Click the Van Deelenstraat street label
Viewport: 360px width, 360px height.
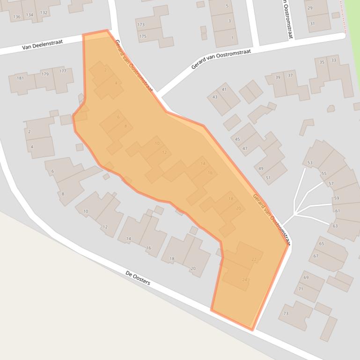coord(42,45)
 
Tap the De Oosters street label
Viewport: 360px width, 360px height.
coord(138,277)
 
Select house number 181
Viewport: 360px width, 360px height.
coord(20,78)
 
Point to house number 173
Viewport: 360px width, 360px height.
coord(140,24)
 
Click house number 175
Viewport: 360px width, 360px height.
coord(142,36)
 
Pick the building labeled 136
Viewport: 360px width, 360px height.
coord(17,17)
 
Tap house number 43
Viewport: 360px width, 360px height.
coord(215,97)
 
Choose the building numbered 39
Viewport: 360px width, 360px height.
coord(278,78)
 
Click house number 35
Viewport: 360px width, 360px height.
coord(322,62)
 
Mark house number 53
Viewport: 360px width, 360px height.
coord(310,163)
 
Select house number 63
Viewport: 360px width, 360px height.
coord(335,226)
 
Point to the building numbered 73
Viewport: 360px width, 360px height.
coord(286,313)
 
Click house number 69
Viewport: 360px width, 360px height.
coord(306,278)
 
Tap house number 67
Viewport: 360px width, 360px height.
coord(316,256)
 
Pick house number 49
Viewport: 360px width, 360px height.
coord(261,169)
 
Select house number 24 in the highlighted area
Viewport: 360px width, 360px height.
coord(244,280)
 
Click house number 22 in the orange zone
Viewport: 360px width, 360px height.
coord(254,259)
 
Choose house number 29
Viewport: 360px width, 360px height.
coord(310,8)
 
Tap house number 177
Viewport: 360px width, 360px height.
coord(63,72)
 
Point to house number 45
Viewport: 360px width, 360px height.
coord(237,139)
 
